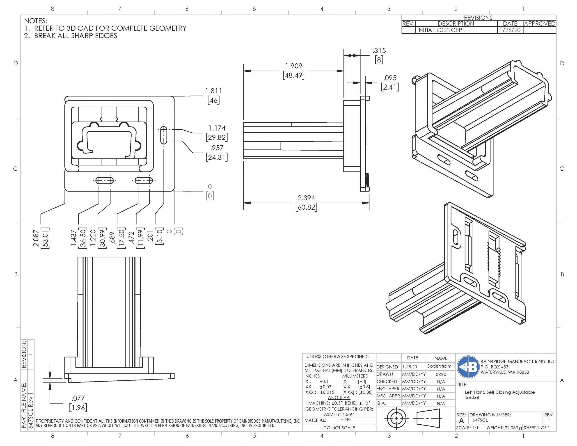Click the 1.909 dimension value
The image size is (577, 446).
pos(293,66)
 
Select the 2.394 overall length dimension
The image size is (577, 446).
pos(306,198)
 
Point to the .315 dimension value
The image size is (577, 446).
pos(379,50)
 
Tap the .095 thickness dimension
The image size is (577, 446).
pos(390,78)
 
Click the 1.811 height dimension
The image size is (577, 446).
pos(213,91)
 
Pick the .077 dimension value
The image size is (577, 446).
pos(78,398)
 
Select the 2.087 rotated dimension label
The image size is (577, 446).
pos(36,238)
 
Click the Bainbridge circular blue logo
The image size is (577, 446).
pos(468,367)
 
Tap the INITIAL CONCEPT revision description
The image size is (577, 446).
pos(440,30)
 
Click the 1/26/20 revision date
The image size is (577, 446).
pos(510,30)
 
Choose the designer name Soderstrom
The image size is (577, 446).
pos(439,366)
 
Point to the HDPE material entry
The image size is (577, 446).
pos(346,420)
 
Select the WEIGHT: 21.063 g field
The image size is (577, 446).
pos(504,428)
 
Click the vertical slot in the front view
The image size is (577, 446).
pos(164,135)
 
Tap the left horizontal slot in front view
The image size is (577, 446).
pos(104,181)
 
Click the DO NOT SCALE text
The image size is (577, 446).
pos(339,428)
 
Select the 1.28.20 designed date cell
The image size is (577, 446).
pos(410,367)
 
